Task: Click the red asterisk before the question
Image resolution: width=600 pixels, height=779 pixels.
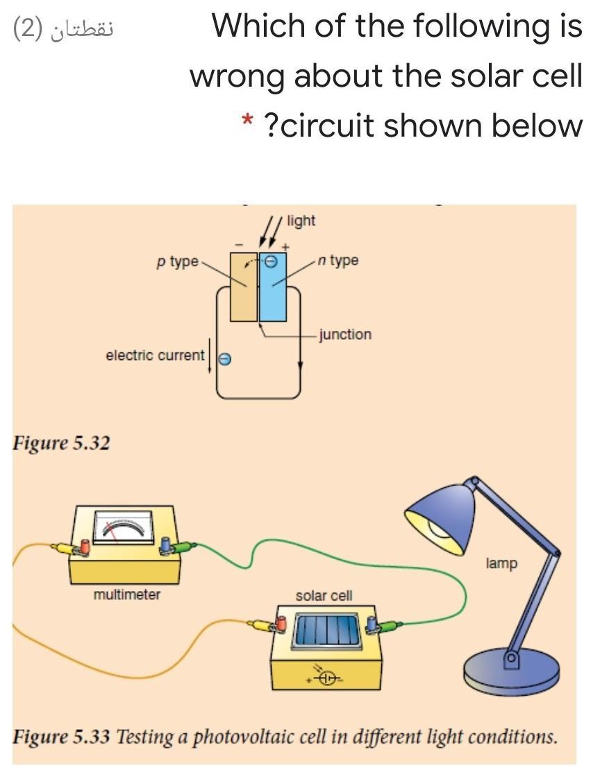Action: click(247, 122)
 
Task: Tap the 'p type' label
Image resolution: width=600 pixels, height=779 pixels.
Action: click(176, 262)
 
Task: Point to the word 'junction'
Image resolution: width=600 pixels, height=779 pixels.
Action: click(345, 334)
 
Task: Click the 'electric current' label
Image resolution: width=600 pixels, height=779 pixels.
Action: click(155, 355)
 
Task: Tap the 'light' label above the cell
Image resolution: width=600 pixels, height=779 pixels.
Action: click(301, 221)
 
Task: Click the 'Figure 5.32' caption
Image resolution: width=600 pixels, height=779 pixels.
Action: click(61, 443)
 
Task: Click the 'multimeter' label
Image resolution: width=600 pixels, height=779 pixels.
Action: click(127, 594)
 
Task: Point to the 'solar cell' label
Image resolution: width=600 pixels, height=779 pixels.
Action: click(324, 595)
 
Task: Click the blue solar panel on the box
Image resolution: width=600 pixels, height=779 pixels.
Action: click(326, 631)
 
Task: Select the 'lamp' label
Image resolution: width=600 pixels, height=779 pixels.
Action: click(501, 563)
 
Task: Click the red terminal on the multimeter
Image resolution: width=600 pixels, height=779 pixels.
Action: click(85, 547)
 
